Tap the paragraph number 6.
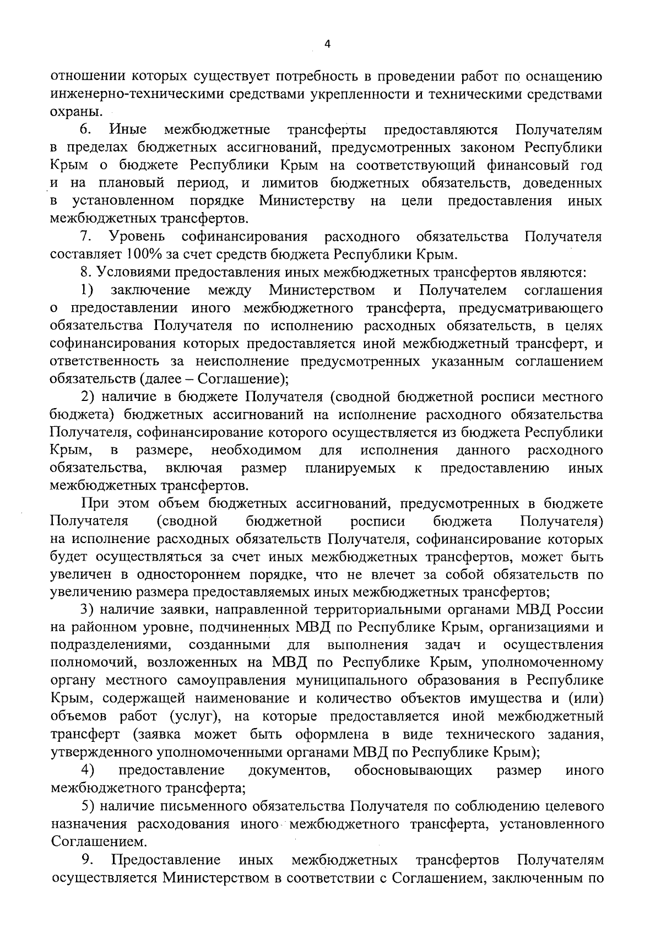tap(86, 130)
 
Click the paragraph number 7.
tap(86, 237)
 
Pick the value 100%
tap(145, 254)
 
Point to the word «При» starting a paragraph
tap(94, 503)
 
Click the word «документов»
tap(289, 770)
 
